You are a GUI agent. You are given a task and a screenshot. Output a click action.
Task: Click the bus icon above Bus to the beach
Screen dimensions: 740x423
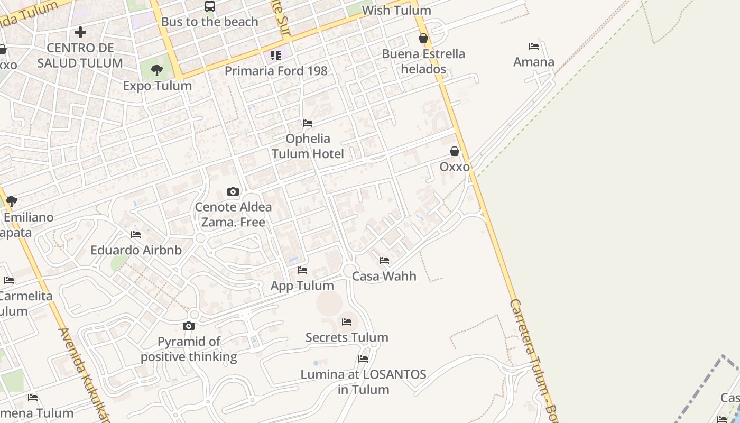tap(210, 6)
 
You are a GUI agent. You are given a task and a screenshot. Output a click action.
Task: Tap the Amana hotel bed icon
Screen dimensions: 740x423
tap(534, 47)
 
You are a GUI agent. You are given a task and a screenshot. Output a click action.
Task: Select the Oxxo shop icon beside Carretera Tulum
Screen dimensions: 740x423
tap(455, 152)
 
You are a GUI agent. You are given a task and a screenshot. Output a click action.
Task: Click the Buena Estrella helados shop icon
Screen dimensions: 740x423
tap(423, 38)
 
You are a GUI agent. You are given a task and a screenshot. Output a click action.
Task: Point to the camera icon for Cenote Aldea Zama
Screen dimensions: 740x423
tap(233, 191)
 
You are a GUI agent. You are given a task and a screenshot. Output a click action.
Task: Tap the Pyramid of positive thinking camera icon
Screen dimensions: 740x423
tap(189, 326)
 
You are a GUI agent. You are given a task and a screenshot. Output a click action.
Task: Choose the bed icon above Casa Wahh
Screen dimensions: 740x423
tap(384, 261)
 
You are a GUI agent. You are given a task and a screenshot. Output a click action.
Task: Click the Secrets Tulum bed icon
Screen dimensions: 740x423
tap(347, 321)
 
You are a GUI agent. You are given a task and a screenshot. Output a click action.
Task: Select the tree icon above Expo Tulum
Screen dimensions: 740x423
tap(156, 70)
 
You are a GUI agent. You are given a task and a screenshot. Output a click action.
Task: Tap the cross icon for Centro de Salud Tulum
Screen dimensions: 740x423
tap(80, 32)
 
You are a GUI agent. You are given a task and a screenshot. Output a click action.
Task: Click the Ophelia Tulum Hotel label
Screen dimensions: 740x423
tap(308, 146)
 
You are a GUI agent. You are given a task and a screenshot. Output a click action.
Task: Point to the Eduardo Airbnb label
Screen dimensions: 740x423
tap(136, 250)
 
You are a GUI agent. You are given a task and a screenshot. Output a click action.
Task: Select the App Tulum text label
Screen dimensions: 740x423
tap(302, 286)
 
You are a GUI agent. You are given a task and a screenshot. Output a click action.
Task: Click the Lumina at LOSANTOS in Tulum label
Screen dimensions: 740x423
tap(363, 382)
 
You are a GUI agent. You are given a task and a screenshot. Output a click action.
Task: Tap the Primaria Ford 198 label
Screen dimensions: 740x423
tap(276, 71)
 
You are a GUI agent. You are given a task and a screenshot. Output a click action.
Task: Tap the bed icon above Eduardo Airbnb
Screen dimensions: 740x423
tap(136, 235)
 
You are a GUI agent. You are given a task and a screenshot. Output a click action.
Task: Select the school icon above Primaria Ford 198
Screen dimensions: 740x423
tap(275, 55)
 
